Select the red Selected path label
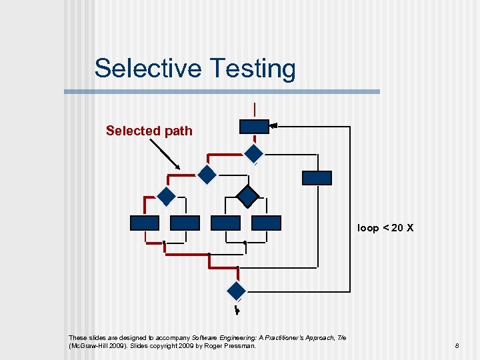[149, 131]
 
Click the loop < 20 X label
[385, 228]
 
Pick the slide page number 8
[457, 345]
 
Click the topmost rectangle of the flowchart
[254, 127]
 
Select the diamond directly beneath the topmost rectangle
[254, 154]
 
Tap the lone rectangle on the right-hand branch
[317, 178]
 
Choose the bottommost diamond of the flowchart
[237, 291]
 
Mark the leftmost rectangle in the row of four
[145, 223]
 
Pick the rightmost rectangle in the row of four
[267, 223]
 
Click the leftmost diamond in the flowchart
[165, 196]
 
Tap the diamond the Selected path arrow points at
[207, 175]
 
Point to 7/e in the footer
[341, 337]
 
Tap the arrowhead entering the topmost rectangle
[273, 125]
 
